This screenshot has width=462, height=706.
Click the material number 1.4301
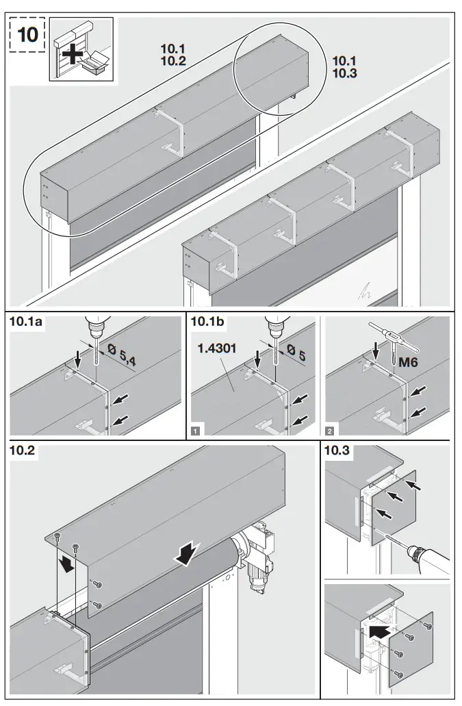click(217, 349)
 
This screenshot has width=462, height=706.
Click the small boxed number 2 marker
click(331, 431)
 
